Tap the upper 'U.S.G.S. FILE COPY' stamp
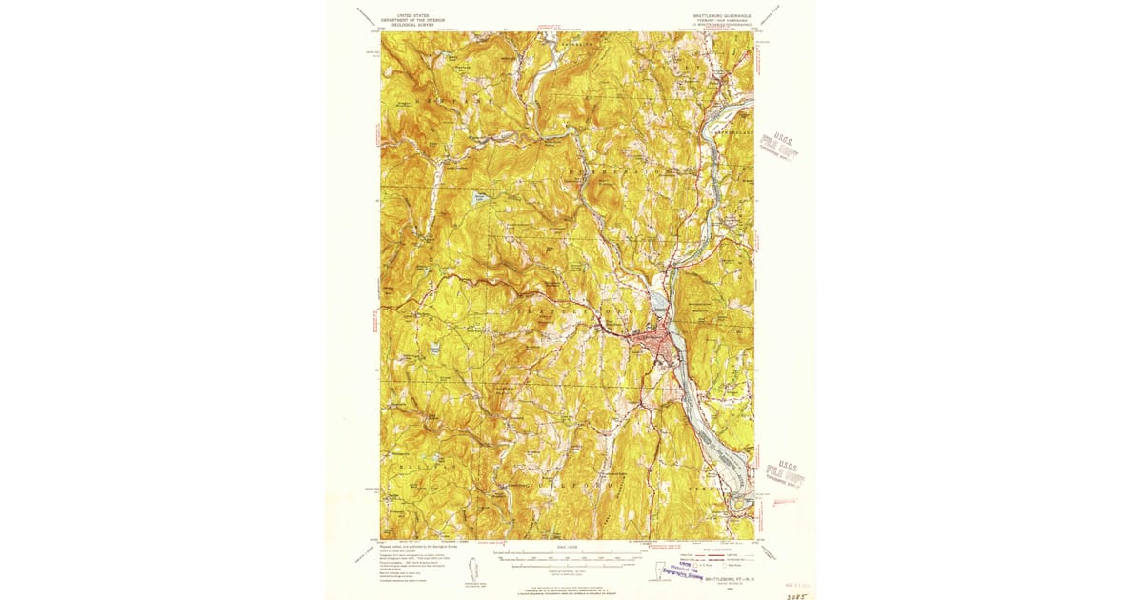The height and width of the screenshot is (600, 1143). (780, 145)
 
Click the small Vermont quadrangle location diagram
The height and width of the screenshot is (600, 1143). (470, 570)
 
